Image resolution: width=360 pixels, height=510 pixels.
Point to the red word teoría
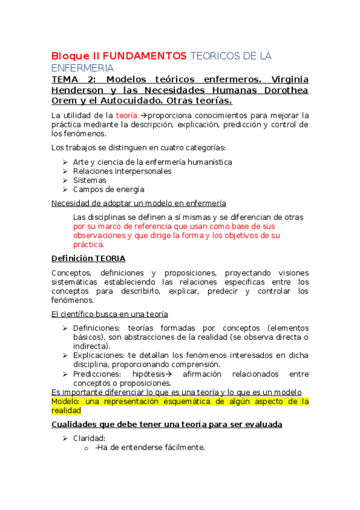point(126,115)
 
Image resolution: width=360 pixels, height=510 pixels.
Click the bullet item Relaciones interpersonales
point(121,171)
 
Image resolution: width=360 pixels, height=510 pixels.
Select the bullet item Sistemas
point(90,180)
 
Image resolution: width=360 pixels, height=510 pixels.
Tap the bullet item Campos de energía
point(108,189)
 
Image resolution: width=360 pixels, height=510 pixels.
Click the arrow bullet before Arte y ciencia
point(65,162)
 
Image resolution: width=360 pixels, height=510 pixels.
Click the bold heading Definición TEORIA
point(88,258)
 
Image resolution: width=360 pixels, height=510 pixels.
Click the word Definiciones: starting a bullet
point(97,328)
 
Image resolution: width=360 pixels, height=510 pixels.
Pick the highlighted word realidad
point(66,410)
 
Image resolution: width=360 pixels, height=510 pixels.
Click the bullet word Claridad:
point(89,438)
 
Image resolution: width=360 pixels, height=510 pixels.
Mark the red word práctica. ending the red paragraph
point(88,244)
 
